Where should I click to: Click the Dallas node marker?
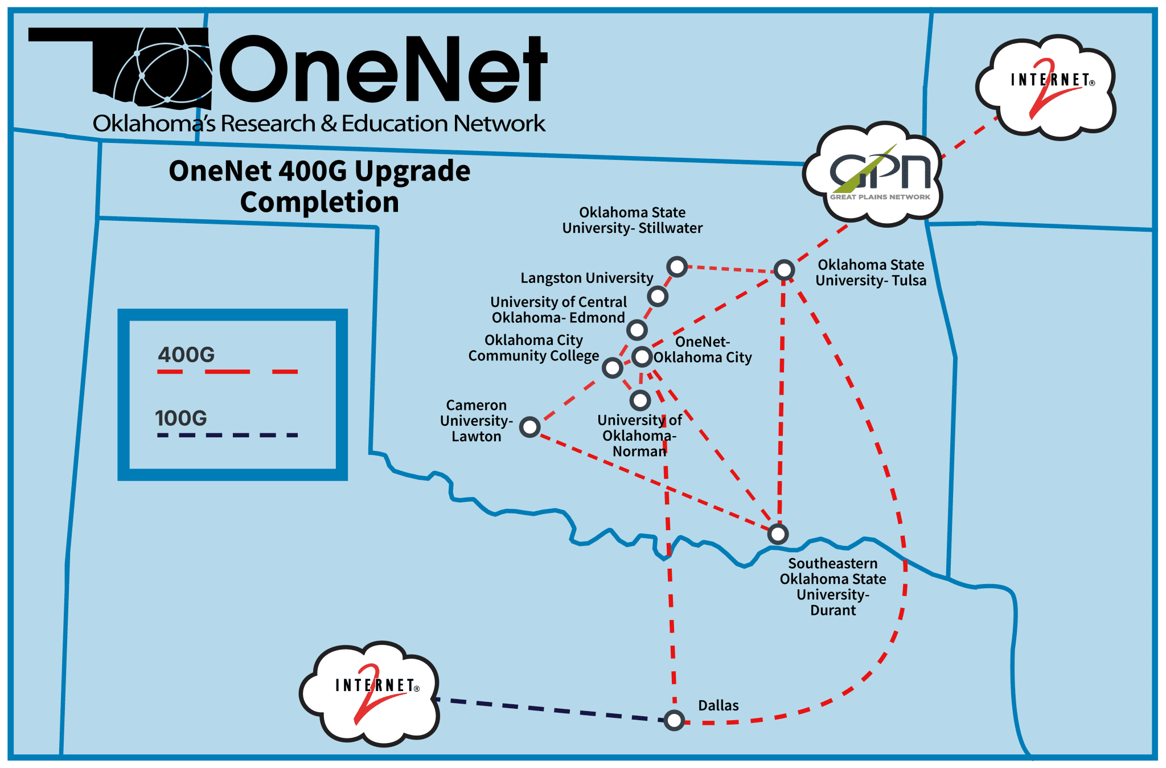[x=674, y=720]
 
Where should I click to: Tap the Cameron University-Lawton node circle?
[x=530, y=426]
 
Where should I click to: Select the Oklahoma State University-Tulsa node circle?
[x=784, y=269]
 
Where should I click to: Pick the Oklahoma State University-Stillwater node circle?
[x=677, y=266]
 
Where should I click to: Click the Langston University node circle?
[x=658, y=296]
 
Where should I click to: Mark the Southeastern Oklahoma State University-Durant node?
[x=778, y=533]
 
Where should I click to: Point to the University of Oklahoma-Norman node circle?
[x=640, y=400]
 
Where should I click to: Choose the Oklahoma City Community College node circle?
[x=613, y=368]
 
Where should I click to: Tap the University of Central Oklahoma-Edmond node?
[x=637, y=329]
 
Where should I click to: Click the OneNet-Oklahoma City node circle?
[x=642, y=356]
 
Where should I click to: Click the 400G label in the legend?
[x=186, y=355]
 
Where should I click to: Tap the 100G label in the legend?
[x=181, y=418]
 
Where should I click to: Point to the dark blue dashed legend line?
[x=228, y=436]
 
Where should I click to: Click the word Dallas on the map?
[x=719, y=705]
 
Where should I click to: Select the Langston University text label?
[x=586, y=278]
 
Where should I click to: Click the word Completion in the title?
[x=319, y=202]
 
